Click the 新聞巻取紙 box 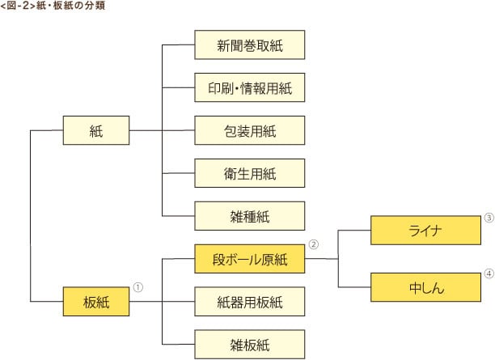(x=249, y=45)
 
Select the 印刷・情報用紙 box (x=249, y=87)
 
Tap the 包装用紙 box (x=249, y=129)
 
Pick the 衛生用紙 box (x=249, y=172)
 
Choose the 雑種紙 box (x=249, y=215)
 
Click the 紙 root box (x=96, y=129)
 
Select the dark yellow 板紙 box (x=96, y=303)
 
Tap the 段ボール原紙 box (x=249, y=259)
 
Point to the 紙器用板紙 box (x=249, y=303)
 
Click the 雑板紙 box (x=249, y=345)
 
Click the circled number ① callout (x=138, y=286)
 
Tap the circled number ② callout (x=314, y=243)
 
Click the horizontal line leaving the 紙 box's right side (x=146, y=129)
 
